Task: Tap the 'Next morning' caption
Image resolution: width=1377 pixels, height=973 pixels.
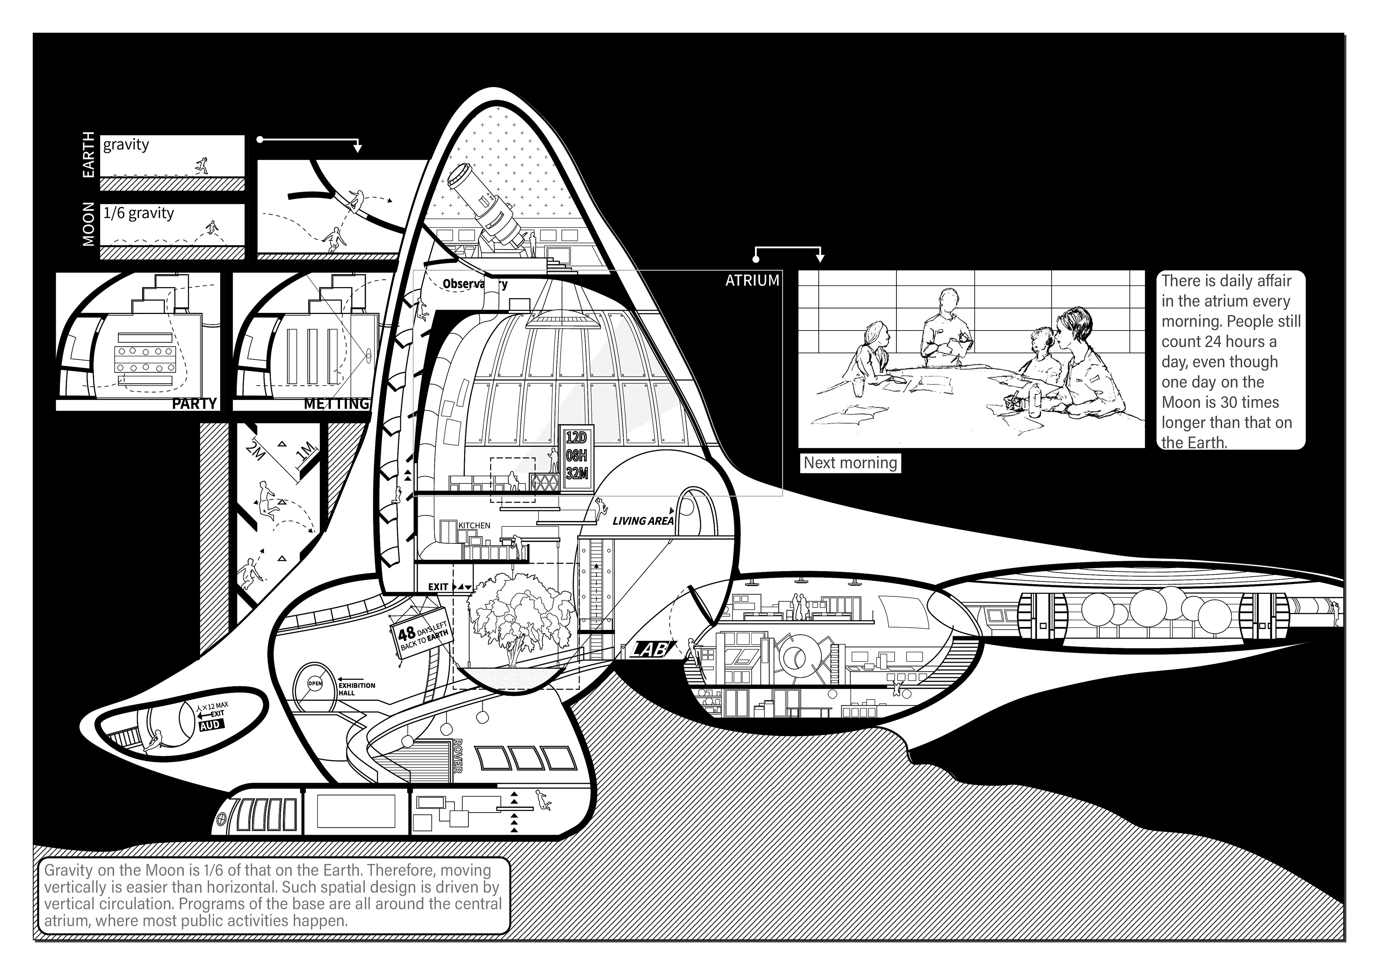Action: [x=850, y=463]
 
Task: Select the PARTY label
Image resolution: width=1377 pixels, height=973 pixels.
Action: [x=194, y=404]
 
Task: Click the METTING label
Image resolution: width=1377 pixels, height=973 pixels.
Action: [x=336, y=404]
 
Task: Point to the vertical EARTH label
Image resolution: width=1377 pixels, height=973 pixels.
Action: [x=88, y=155]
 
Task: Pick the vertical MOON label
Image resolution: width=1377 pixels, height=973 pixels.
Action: [x=88, y=224]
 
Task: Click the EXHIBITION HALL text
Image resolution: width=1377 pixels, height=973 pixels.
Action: [x=357, y=689]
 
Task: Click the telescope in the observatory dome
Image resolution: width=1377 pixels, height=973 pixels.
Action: [x=487, y=207]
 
